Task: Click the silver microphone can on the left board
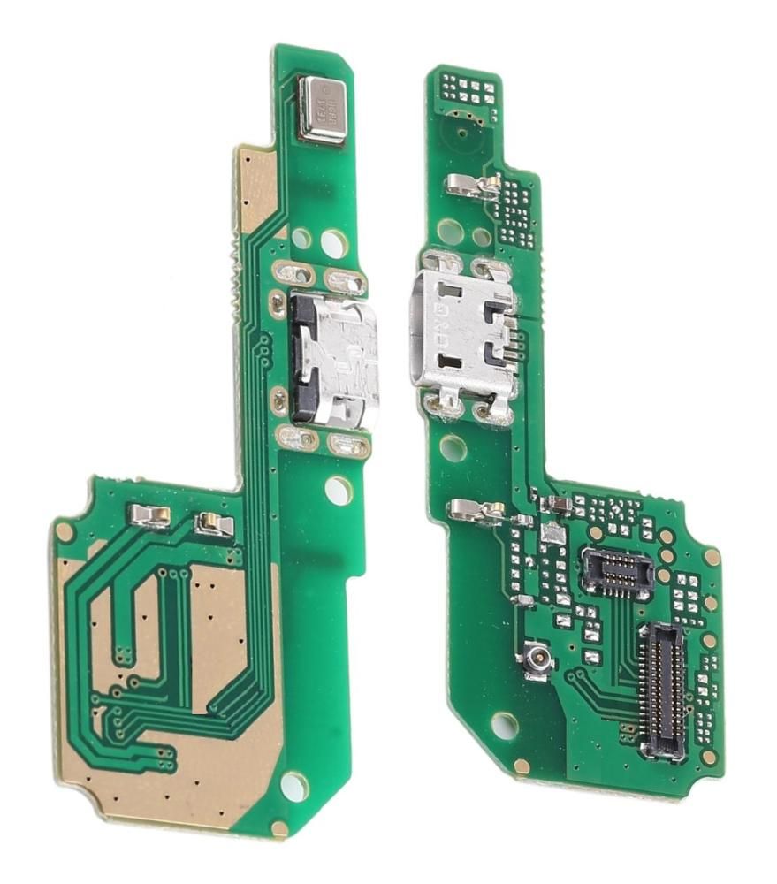[323, 109]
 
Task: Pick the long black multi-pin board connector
[663, 690]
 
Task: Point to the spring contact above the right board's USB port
[473, 184]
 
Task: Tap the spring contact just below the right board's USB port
[476, 509]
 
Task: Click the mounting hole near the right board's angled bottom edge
[504, 726]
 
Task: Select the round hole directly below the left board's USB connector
[339, 490]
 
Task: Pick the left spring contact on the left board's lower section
[149, 515]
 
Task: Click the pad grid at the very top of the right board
[468, 88]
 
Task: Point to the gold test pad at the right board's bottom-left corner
[522, 766]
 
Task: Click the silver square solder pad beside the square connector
[552, 534]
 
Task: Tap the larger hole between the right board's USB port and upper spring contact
[451, 232]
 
